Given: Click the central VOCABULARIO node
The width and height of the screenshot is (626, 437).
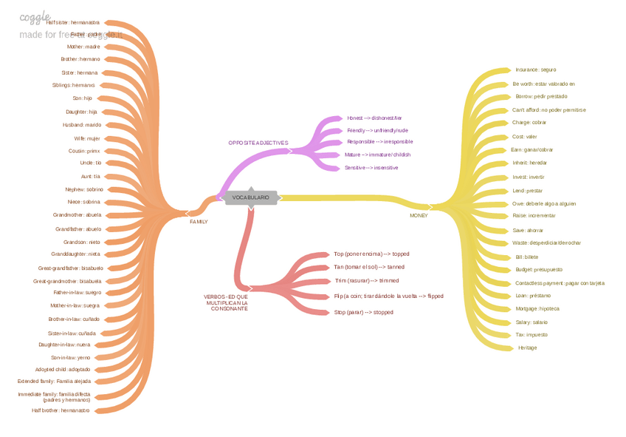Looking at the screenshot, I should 251,197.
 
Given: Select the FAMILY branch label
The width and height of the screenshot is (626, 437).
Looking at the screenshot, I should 199,221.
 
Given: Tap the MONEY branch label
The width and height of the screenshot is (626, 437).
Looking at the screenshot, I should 419,215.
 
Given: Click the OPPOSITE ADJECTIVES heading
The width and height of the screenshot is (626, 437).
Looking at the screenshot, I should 258,143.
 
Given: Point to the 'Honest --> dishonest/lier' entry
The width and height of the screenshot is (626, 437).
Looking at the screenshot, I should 374,118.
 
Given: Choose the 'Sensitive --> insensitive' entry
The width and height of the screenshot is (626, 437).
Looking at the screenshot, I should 371,168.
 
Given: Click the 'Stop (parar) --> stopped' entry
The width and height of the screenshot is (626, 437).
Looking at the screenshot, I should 363,312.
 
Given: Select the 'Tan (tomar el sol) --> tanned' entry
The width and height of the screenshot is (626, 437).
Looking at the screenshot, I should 369,267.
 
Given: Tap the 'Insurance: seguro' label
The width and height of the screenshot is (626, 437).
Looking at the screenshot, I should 535,70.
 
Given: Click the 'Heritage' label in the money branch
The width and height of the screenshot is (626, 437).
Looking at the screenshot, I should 527,348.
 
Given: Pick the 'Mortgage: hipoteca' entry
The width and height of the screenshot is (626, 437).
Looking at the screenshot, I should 537,308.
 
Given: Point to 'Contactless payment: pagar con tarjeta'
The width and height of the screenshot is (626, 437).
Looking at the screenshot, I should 560,282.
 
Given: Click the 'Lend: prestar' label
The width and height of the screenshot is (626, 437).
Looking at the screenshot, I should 527,190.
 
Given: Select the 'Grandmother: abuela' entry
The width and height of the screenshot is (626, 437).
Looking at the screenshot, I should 78,215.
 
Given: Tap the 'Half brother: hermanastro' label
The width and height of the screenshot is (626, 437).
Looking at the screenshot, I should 61,410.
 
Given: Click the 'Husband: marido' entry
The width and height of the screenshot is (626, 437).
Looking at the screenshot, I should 82,125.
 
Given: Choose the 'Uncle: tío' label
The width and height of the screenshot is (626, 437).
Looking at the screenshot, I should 90,163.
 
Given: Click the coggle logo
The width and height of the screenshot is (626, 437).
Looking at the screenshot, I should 35,17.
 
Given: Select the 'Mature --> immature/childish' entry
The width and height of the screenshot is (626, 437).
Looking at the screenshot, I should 377,155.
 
